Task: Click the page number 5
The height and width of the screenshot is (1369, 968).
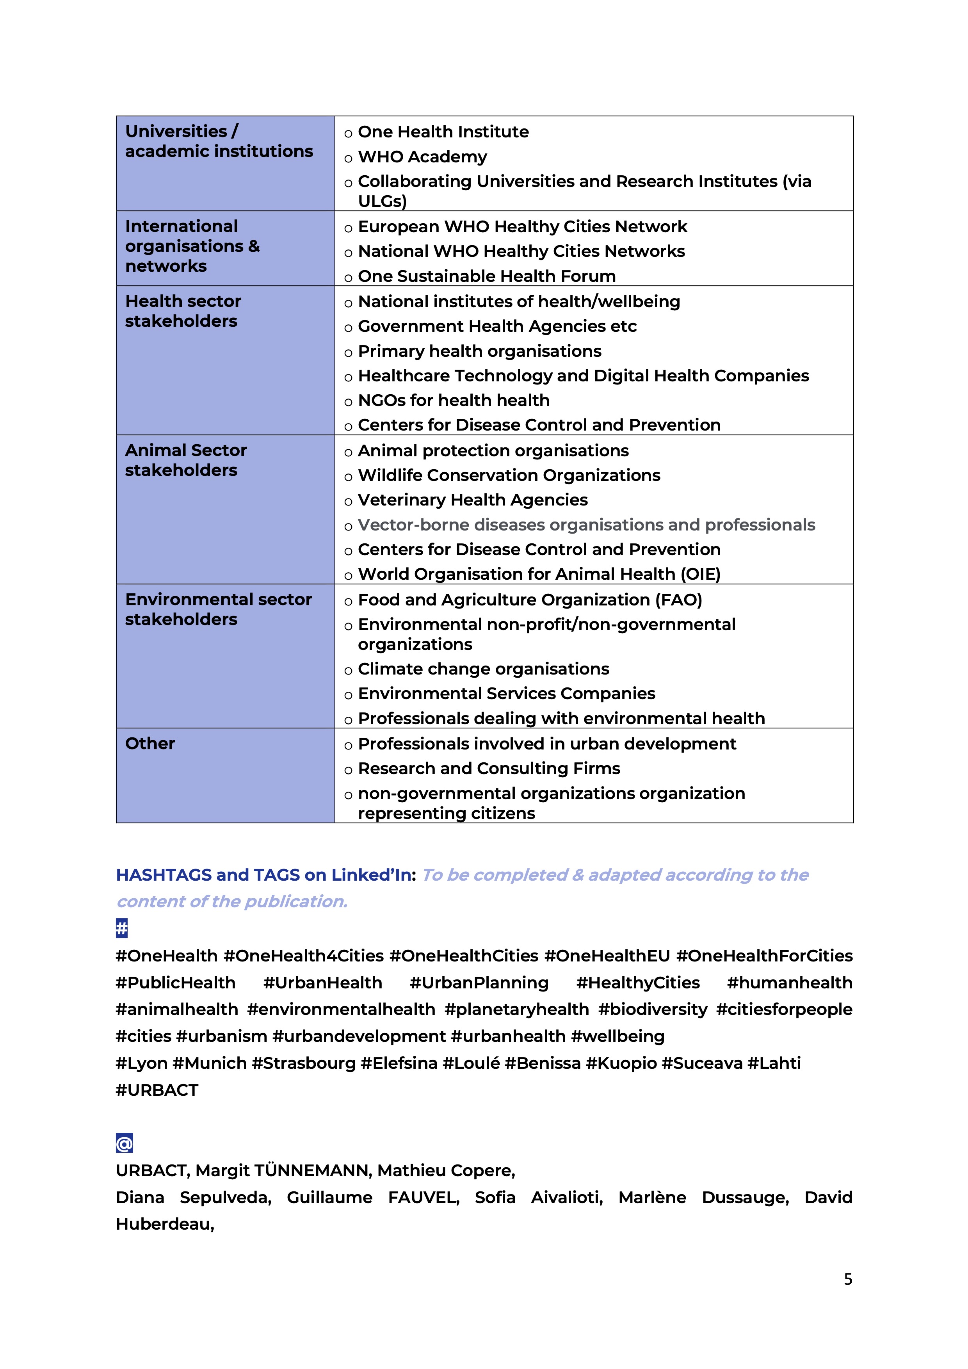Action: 848,1279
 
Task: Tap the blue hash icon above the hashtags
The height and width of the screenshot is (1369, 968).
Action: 122,928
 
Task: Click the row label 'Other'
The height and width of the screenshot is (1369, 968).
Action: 150,744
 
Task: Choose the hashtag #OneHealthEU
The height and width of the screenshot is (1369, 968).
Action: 607,956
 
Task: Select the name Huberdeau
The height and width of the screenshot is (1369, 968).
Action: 164,1224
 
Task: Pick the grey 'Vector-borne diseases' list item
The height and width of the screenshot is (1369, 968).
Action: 586,525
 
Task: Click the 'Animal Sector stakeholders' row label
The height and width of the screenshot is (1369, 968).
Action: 185,460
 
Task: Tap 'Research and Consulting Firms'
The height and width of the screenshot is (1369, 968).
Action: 489,769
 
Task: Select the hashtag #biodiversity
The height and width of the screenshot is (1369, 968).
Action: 653,1009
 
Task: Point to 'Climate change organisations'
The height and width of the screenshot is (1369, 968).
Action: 483,669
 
